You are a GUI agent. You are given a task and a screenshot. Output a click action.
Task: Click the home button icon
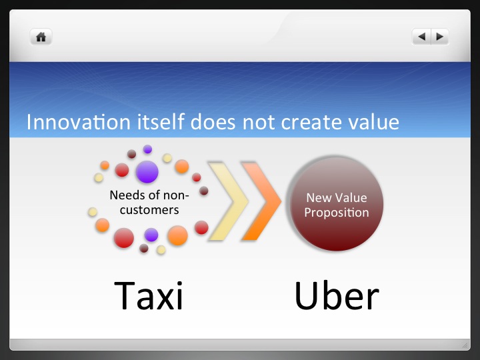(x=41, y=37)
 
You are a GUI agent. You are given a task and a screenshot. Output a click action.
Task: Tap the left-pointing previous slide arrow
(x=421, y=37)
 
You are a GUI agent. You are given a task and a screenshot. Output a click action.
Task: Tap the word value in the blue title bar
(x=375, y=123)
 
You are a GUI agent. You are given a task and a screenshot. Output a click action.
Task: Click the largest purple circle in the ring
(x=147, y=171)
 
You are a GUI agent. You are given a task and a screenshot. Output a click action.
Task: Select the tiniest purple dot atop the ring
(x=147, y=149)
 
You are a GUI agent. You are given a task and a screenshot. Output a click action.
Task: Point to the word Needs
(x=125, y=195)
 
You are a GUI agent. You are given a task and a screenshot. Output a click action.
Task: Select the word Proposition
(x=336, y=213)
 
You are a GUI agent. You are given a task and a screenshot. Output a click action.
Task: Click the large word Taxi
(x=149, y=295)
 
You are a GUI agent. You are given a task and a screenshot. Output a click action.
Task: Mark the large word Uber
(x=337, y=295)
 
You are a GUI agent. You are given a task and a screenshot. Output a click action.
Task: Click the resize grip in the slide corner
(x=465, y=345)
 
